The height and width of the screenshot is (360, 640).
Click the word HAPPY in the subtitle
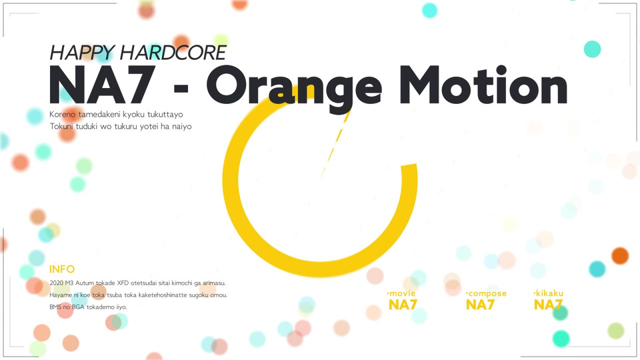[81, 53]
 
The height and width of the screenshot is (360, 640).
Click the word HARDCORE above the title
[173, 53]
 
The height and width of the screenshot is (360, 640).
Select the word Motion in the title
[483, 85]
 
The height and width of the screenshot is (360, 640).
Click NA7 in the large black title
[102, 85]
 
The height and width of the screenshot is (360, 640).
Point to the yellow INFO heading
[62, 269]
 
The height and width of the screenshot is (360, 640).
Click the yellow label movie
[401, 293]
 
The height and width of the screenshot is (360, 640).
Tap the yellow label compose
[486, 293]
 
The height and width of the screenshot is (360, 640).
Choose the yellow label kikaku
[548, 293]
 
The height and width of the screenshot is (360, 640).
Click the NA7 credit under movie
[403, 305]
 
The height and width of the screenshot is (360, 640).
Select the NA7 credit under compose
[480, 305]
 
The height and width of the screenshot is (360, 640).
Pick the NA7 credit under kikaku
[548, 305]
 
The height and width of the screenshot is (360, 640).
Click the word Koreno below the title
[63, 114]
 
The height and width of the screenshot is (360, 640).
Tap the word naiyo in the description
[181, 127]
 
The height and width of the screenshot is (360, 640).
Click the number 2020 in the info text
[56, 283]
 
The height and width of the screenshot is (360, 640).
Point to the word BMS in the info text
[55, 307]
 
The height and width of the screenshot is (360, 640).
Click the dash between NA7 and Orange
[181, 87]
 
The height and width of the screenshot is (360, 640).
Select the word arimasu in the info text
[214, 283]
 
